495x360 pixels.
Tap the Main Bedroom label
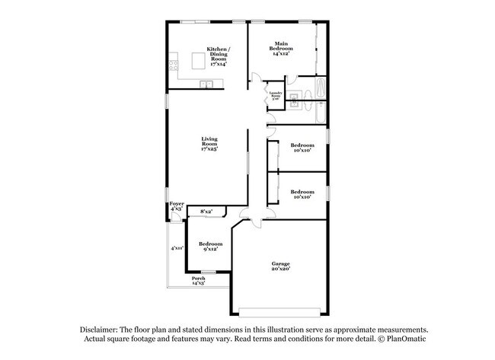(x=282, y=49)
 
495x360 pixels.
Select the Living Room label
(x=209, y=143)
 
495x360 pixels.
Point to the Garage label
(x=280, y=266)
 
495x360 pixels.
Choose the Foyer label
(x=176, y=205)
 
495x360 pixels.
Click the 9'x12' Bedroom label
(x=210, y=246)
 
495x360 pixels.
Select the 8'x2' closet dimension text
(x=206, y=211)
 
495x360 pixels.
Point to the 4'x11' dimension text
(x=177, y=247)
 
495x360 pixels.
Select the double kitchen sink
(x=206, y=84)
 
